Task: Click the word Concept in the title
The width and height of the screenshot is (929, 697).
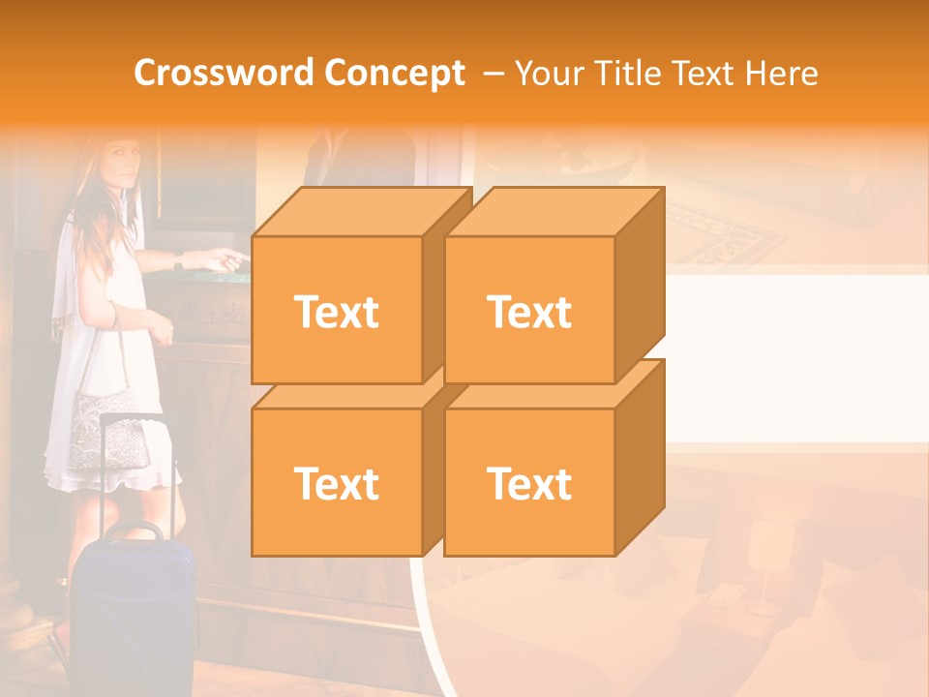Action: coord(394,73)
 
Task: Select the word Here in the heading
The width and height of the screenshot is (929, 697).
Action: coord(782,73)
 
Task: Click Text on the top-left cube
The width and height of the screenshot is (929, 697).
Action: coord(336,312)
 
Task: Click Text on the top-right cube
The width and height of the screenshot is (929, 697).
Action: coord(529,312)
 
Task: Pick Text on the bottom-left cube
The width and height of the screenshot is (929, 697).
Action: coord(336,483)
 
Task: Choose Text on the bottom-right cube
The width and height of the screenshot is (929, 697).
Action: coord(529,483)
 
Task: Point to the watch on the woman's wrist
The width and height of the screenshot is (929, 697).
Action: coord(177,259)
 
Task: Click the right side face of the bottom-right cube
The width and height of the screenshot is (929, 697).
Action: coord(640,455)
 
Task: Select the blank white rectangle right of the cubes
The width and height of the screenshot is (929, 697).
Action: coord(794,358)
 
